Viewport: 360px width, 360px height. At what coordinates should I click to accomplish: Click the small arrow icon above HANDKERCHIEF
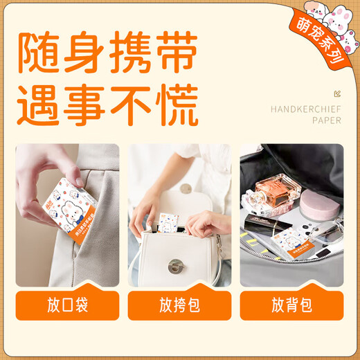tap(337, 93)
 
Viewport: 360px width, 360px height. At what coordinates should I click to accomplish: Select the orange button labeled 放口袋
tap(67, 305)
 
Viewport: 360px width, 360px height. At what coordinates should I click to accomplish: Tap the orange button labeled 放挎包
tap(179, 305)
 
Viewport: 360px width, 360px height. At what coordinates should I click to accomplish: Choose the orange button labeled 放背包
tap(291, 305)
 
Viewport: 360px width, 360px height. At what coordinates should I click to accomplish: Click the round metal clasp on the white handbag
tap(175, 265)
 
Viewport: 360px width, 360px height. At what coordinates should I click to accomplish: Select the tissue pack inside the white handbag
tap(170, 223)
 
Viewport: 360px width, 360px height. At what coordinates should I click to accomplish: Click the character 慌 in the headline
tap(176, 104)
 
